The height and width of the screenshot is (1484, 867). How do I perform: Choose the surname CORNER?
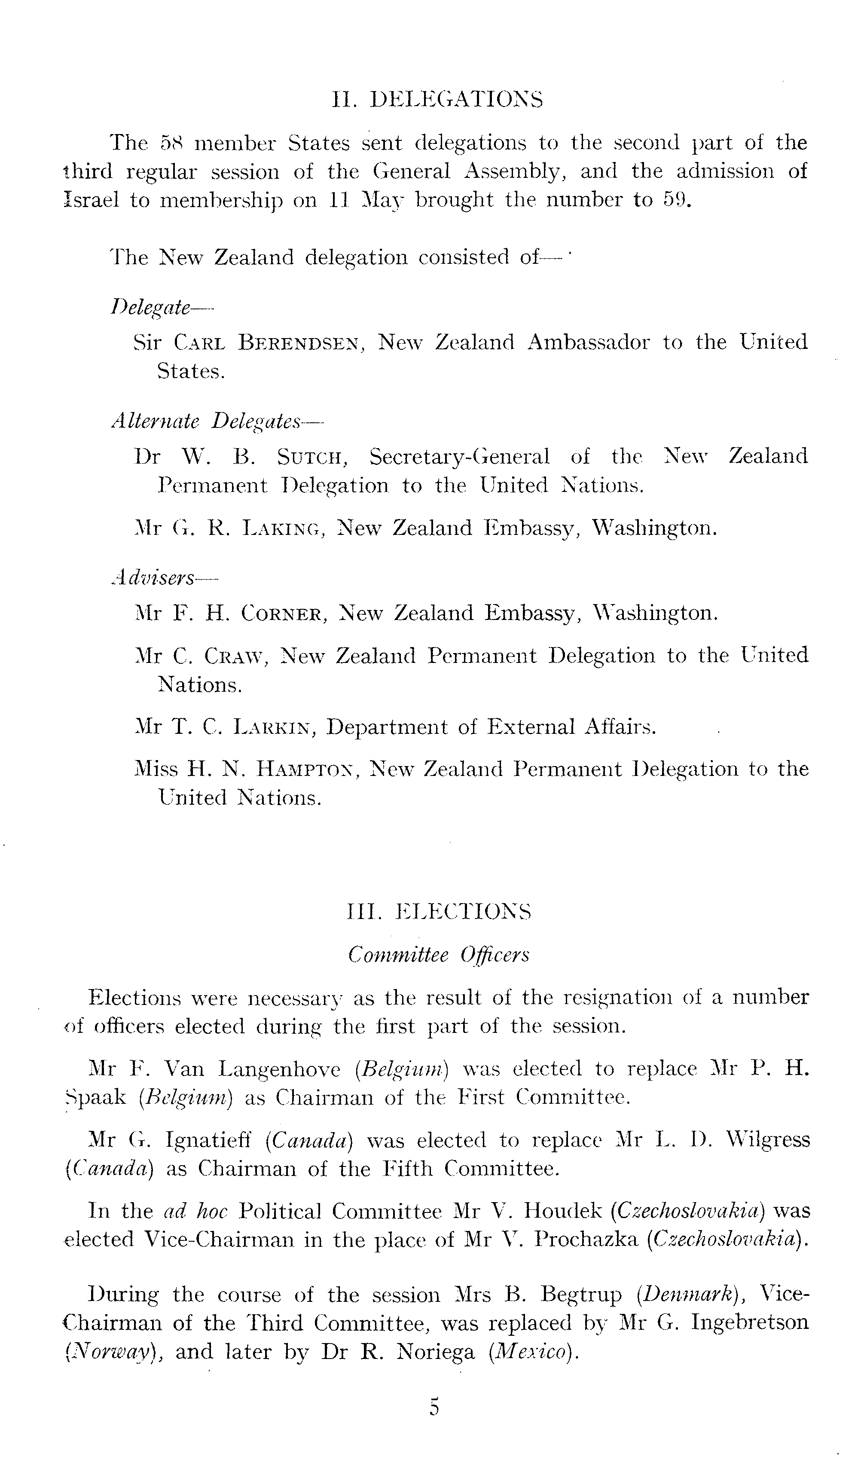pos(281,614)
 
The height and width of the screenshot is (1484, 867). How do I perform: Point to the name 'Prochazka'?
pos(586,1240)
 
